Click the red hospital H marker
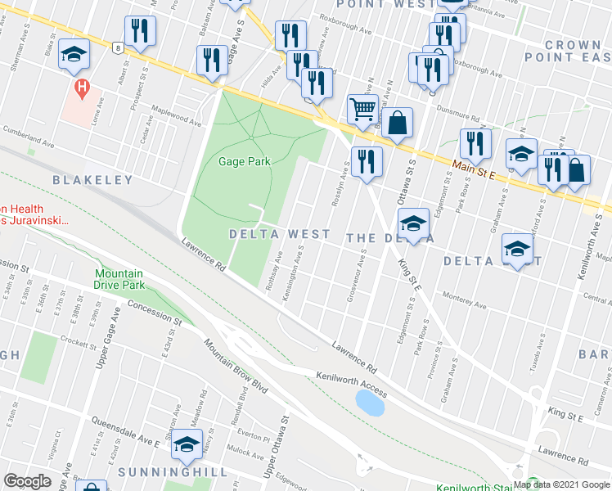pyautogui.click(x=81, y=87)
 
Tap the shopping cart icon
pyautogui.click(x=362, y=107)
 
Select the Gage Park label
pyautogui.click(x=244, y=161)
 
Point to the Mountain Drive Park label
pyautogui.click(x=119, y=279)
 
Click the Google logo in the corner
pyautogui.click(x=27, y=481)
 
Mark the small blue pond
pyautogui.click(x=371, y=402)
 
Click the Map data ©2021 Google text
pyautogui.click(x=560, y=484)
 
